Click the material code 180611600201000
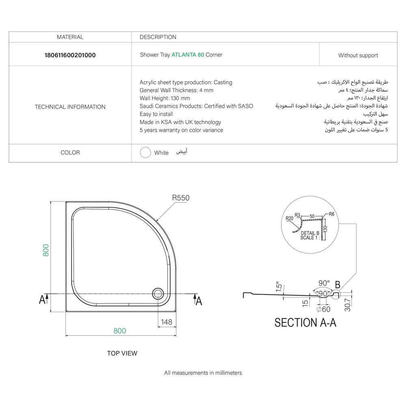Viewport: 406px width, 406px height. (x=70, y=55)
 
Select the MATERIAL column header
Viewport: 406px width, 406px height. (x=70, y=37)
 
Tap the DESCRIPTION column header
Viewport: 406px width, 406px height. (x=158, y=37)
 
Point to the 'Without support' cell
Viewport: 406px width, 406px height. (x=358, y=55)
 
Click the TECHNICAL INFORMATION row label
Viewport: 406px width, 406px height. (x=70, y=107)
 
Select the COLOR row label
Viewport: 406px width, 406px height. (x=70, y=153)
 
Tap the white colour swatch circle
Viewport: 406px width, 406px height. (x=145, y=153)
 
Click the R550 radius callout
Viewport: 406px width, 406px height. (x=181, y=198)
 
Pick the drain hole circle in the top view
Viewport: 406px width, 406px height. (x=158, y=293)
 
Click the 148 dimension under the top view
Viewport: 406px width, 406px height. (x=166, y=322)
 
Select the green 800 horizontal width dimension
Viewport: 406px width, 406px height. (x=120, y=331)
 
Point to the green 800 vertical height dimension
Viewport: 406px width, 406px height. (x=46, y=250)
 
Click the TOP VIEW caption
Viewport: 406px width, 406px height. (x=122, y=353)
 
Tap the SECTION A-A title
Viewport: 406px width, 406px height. (x=305, y=323)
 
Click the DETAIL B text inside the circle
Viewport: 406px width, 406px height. (x=310, y=233)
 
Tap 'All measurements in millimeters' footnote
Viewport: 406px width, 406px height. (x=203, y=373)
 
